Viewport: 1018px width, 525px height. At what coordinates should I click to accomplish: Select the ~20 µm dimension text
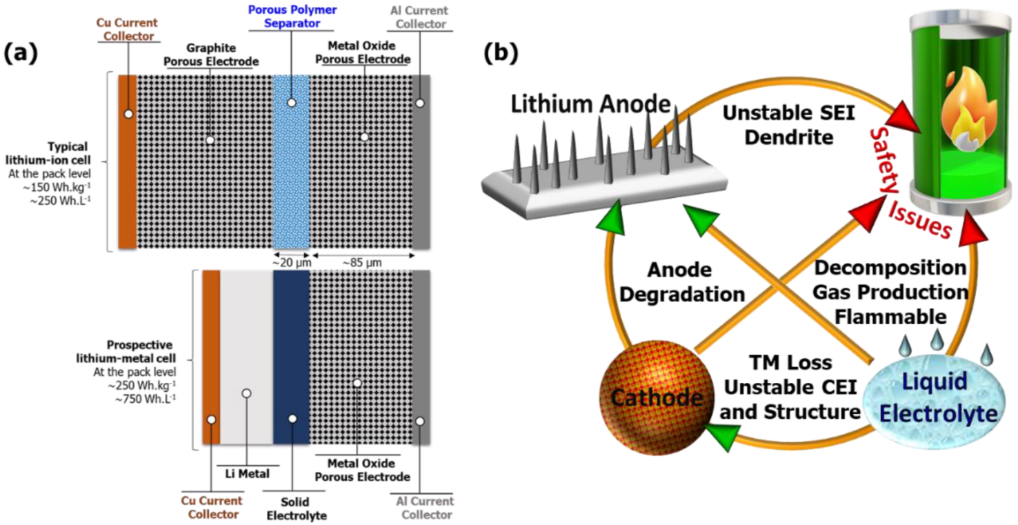pos(290,263)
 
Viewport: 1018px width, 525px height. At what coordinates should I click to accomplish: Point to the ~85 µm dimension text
pos(361,263)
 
